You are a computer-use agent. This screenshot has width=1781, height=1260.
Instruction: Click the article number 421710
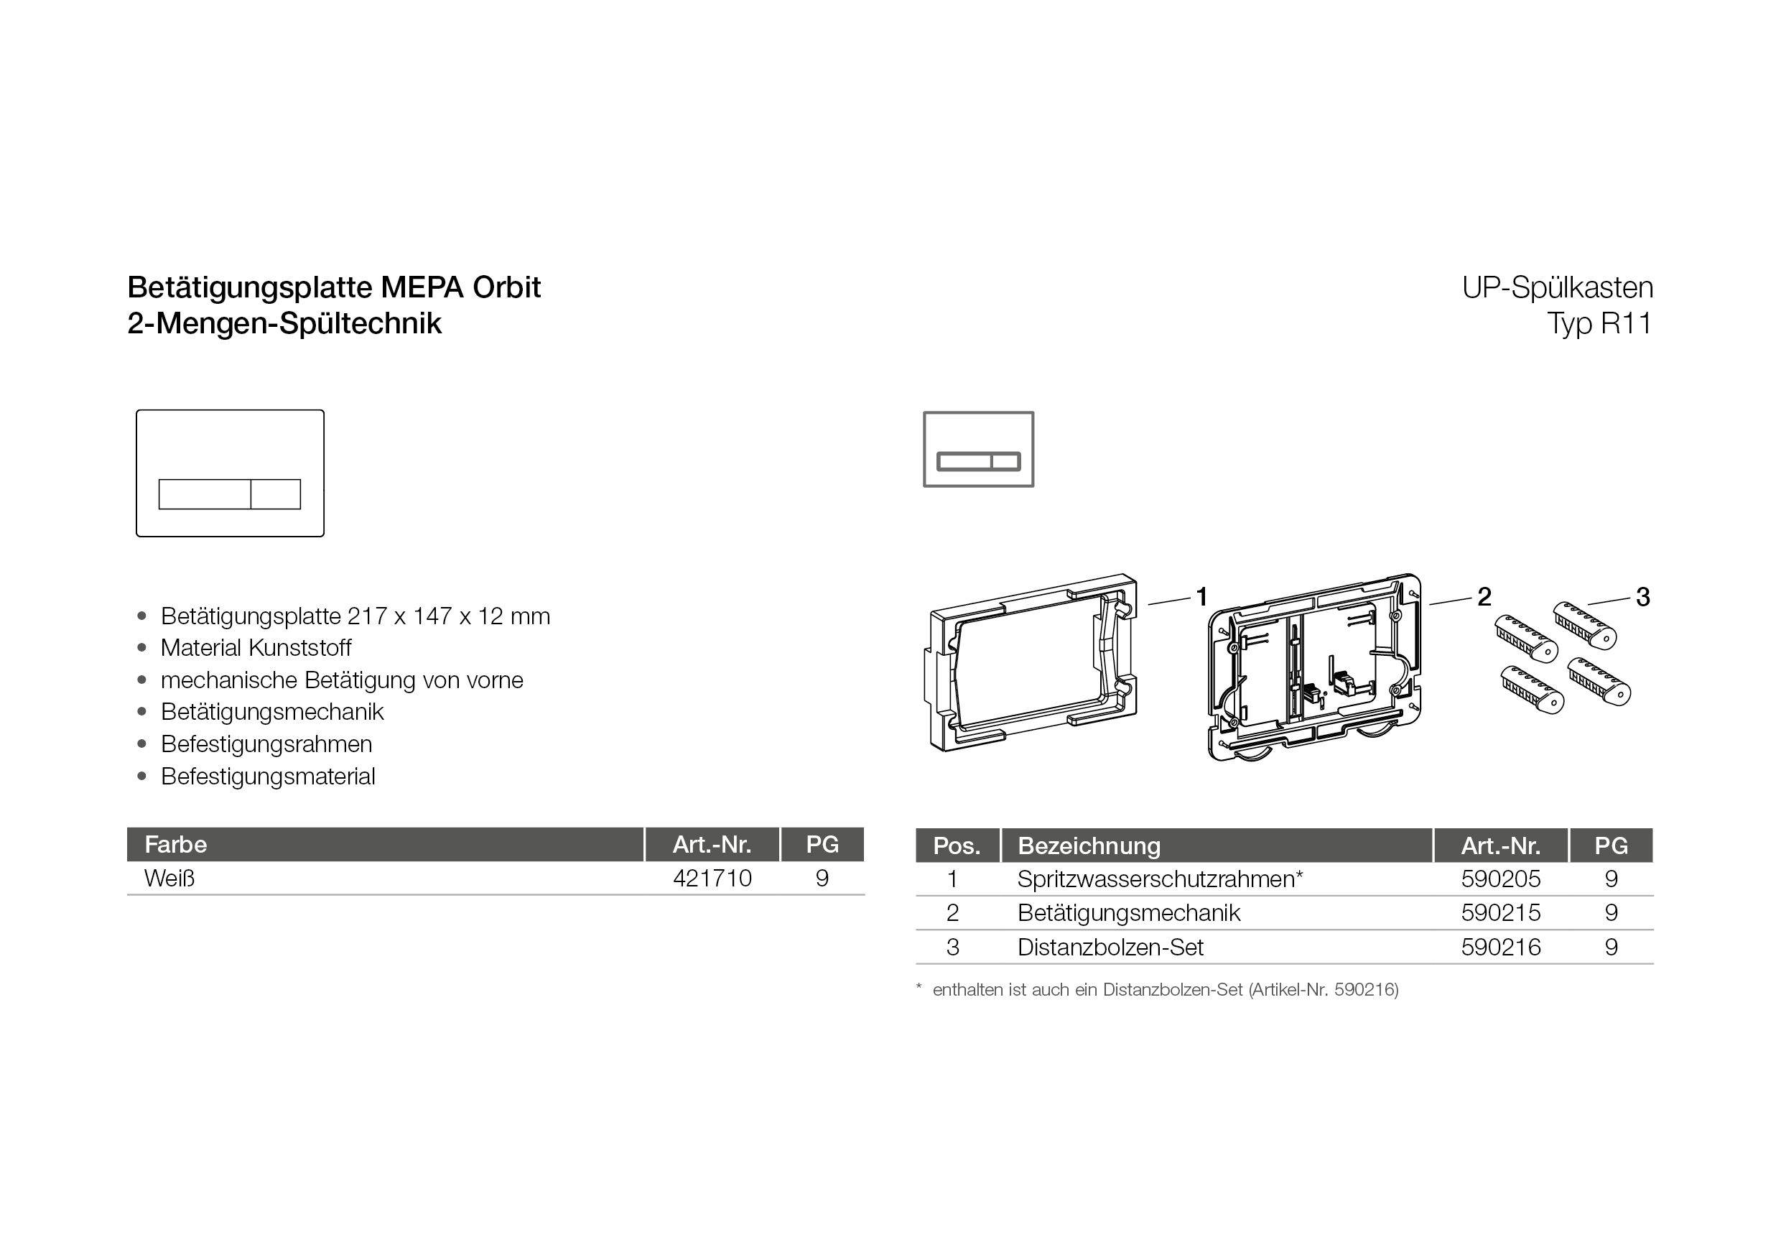click(712, 879)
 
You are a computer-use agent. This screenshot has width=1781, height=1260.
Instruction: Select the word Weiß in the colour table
click(169, 879)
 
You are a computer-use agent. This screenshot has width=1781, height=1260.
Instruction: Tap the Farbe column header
click(176, 844)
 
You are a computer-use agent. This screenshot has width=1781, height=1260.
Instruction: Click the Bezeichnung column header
click(1089, 846)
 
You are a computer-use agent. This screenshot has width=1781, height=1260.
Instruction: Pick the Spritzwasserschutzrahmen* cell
click(1160, 879)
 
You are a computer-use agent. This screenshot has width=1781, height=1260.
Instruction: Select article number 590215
click(1500, 912)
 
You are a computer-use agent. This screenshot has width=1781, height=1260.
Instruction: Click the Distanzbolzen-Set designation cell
click(1110, 948)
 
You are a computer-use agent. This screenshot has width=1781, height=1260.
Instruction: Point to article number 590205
click(1500, 879)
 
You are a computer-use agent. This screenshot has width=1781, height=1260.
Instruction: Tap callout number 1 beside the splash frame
click(1201, 597)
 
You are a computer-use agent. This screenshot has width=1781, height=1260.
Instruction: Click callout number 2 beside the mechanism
click(1484, 597)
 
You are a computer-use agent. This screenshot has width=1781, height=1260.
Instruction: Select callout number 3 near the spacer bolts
click(1642, 597)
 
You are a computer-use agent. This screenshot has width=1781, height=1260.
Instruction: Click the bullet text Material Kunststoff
click(256, 648)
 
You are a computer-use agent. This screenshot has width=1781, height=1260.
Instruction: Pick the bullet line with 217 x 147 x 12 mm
click(355, 616)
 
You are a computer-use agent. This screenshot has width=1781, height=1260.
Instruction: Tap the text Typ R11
click(1599, 323)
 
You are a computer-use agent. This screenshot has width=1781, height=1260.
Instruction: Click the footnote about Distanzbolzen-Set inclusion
click(1165, 990)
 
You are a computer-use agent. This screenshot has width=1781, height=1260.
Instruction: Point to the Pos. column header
click(957, 846)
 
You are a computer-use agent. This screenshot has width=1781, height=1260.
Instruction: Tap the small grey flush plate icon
click(978, 449)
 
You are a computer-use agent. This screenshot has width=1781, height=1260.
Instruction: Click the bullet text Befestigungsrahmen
click(266, 744)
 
